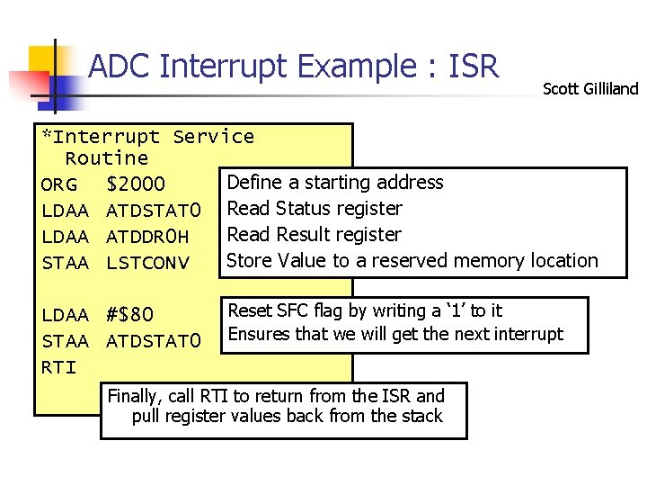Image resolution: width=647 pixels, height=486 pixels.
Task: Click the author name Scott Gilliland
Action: [590, 88]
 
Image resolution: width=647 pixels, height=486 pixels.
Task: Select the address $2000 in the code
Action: [136, 185]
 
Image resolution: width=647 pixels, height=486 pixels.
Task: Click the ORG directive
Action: [58, 185]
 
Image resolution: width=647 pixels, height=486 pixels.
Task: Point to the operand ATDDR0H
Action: [148, 237]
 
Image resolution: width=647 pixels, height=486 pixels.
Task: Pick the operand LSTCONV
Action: [148, 263]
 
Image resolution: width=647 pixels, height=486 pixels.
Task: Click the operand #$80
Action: [129, 316]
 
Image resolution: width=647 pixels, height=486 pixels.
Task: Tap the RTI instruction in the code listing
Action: [58, 367]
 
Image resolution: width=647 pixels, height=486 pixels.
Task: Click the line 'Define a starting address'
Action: [335, 183]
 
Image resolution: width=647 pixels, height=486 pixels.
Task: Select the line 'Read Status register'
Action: [315, 209]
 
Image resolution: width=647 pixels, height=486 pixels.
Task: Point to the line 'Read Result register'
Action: [315, 235]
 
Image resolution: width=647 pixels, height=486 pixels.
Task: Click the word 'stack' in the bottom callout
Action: [422, 416]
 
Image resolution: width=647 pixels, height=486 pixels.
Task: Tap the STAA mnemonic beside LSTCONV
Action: [65, 263]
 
